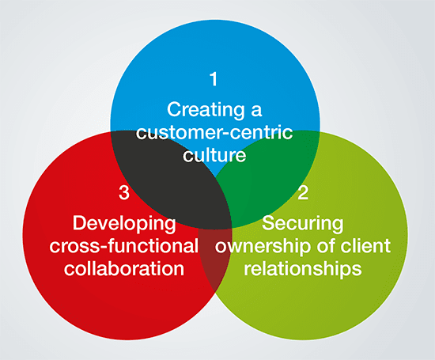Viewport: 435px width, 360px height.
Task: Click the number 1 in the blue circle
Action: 214,79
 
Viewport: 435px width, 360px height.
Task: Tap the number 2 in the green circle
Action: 303,192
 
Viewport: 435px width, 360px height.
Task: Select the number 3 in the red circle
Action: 124,192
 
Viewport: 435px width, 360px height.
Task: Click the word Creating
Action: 206,110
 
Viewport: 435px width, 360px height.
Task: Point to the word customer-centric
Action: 214,133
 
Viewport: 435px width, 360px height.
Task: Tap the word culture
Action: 214,155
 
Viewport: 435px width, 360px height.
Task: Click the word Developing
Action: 124,224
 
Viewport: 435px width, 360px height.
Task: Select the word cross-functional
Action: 124,246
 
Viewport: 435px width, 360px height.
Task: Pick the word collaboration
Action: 124,268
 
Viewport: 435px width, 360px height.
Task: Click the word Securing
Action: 303,224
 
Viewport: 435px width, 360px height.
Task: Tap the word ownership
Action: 263,247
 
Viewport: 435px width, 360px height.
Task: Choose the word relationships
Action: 303,269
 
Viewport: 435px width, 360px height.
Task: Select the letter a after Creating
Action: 256,111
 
